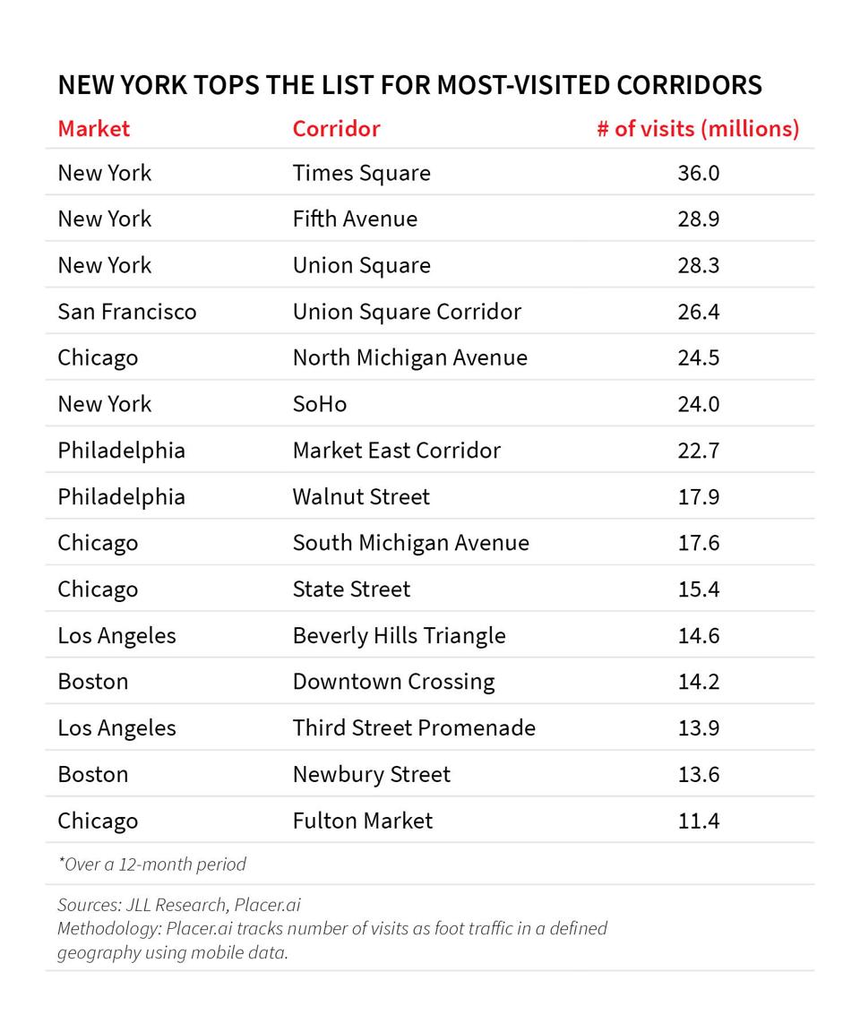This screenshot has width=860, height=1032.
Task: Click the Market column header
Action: point(93,128)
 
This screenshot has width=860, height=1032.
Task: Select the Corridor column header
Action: point(336,128)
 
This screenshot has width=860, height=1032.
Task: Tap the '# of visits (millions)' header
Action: point(698,128)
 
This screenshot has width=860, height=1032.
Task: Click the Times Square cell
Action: point(361,173)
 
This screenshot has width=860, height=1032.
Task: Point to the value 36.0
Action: point(698,173)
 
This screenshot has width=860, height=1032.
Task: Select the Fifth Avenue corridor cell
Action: point(355,219)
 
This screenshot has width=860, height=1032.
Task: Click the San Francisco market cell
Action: point(126,312)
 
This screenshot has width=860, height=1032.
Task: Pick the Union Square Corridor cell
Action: point(407,312)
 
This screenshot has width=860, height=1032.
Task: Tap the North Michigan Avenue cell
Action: point(409,357)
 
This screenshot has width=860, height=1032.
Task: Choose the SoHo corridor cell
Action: point(319,404)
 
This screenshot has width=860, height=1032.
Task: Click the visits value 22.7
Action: point(698,451)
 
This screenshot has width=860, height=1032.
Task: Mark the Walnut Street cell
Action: point(361,496)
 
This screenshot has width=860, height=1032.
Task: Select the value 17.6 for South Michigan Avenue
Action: point(698,543)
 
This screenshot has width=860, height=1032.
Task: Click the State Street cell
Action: point(351,589)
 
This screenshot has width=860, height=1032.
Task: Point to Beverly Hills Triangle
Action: point(399,635)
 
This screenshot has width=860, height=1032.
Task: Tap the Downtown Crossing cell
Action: point(393,682)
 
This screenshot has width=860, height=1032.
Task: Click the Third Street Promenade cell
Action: point(414,727)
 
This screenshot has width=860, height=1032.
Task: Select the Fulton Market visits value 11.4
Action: point(698,821)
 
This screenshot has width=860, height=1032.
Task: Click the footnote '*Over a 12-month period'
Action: point(151,864)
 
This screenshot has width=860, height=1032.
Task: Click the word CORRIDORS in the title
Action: point(688,85)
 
